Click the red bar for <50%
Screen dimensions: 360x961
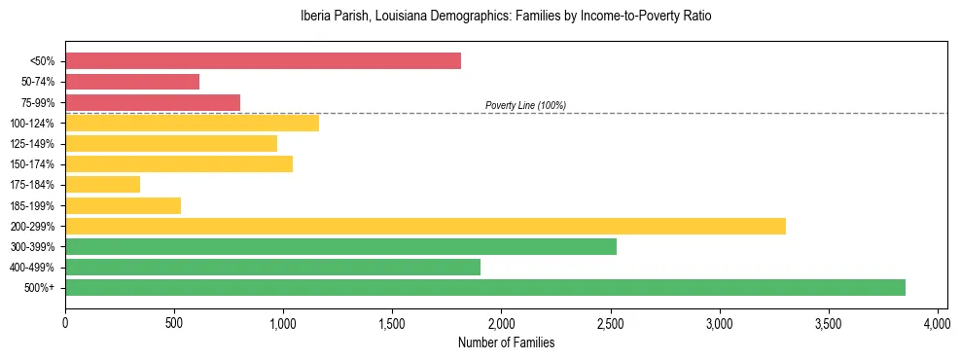[x=263, y=61]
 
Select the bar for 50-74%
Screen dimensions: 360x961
[x=132, y=82]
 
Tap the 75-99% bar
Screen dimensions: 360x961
[x=153, y=102]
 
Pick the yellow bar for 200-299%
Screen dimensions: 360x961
[x=425, y=226]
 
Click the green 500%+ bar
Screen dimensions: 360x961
[x=485, y=287]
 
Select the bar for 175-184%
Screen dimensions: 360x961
[x=102, y=184]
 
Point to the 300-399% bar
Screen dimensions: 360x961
[x=340, y=246]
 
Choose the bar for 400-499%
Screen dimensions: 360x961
[x=272, y=267]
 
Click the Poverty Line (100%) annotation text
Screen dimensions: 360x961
[x=525, y=105]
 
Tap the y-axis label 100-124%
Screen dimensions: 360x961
[x=32, y=124]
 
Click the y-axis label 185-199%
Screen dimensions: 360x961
[x=32, y=205]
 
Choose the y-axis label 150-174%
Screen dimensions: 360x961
[x=32, y=164]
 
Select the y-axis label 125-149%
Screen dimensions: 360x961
[x=32, y=144]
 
